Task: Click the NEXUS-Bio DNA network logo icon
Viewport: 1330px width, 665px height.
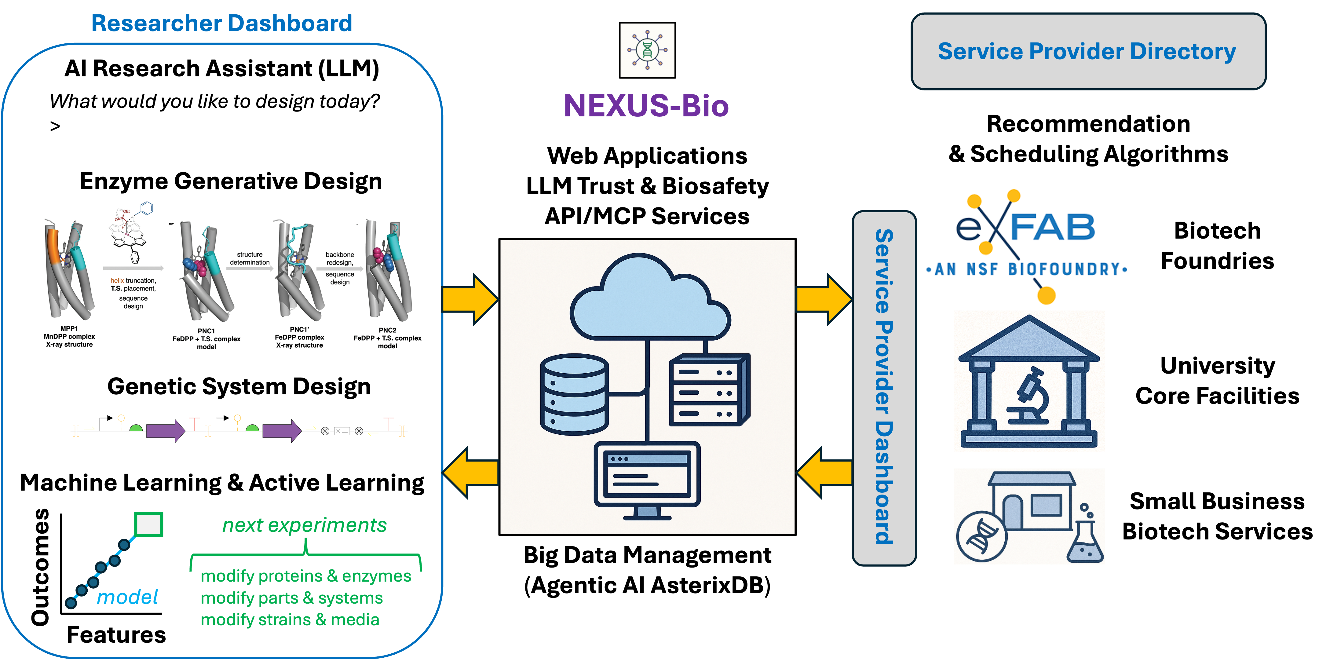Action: tap(647, 50)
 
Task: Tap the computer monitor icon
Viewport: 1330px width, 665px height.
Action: tap(647, 477)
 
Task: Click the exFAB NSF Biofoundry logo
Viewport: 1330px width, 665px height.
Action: tap(1029, 246)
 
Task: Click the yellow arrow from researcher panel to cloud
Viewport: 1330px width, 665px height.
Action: tap(470, 299)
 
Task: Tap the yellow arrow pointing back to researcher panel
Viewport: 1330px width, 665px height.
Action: tap(471, 473)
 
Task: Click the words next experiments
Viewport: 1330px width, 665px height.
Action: tap(304, 525)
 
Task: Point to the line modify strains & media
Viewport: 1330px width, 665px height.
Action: tap(290, 619)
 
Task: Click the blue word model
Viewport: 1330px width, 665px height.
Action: tap(127, 597)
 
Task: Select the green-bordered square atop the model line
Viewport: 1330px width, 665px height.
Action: tap(149, 524)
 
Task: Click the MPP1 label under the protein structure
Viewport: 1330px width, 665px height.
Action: tap(69, 328)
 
